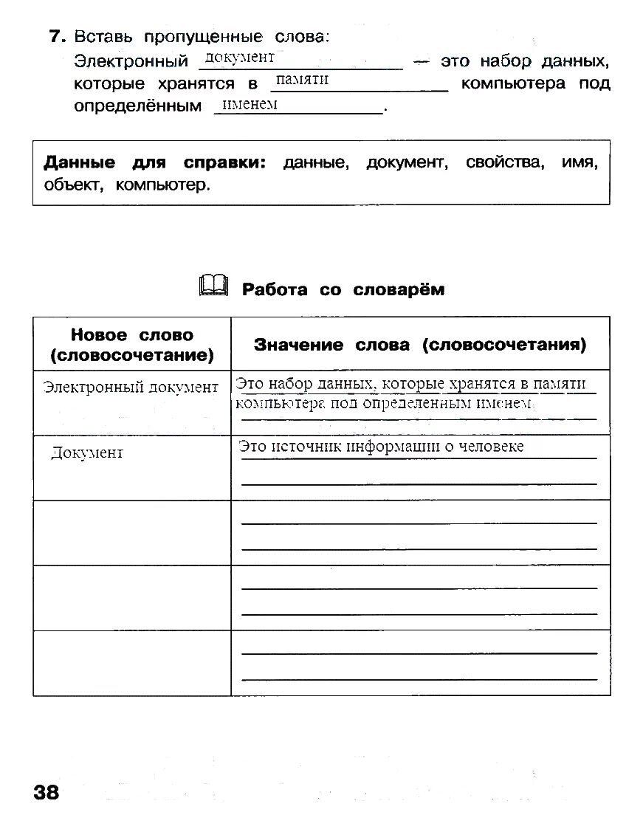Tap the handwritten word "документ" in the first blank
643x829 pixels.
[x=239, y=58]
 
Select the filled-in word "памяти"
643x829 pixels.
[x=301, y=80]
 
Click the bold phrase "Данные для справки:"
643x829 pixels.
[x=154, y=162]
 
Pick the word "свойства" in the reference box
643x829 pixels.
[x=505, y=162]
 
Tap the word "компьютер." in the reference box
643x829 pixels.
[x=162, y=185]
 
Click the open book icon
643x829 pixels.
[x=214, y=285]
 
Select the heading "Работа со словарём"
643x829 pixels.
[x=343, y=289]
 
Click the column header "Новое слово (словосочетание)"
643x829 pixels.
[x=132, y=345]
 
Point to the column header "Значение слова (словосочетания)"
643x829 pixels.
[x=420, y=345]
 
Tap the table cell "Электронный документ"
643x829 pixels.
[x=131, y=387]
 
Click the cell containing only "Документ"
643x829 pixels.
[x=87, y=453]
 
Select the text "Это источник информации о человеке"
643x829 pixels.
[x=381, y=446]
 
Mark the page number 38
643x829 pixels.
[x=46, y=793]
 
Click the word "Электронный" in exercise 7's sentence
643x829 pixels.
[x=131, y=61]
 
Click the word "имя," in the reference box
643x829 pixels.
[x=580, y=162]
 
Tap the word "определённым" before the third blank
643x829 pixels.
[x=137, y=106]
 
